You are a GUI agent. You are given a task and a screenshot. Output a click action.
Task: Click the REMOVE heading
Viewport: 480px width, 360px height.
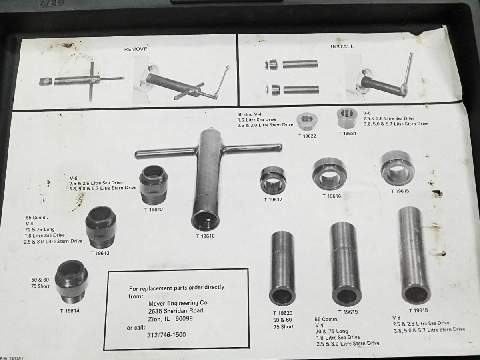[136, 49]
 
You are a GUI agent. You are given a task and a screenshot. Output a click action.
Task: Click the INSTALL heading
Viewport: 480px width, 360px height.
[342, 46]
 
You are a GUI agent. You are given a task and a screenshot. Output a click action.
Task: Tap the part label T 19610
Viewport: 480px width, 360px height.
[206, 236]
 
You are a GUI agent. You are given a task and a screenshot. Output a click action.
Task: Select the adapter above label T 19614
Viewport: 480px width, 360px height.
[71, 282]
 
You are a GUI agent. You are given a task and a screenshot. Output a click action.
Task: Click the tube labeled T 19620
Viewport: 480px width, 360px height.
[282, 267]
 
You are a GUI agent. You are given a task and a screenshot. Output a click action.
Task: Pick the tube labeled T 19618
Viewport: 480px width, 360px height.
[414, 256]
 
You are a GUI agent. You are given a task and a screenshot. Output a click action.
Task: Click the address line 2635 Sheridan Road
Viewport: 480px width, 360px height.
[175, 311]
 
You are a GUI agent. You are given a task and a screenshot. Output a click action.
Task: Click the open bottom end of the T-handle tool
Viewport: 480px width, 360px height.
[205, 220]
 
